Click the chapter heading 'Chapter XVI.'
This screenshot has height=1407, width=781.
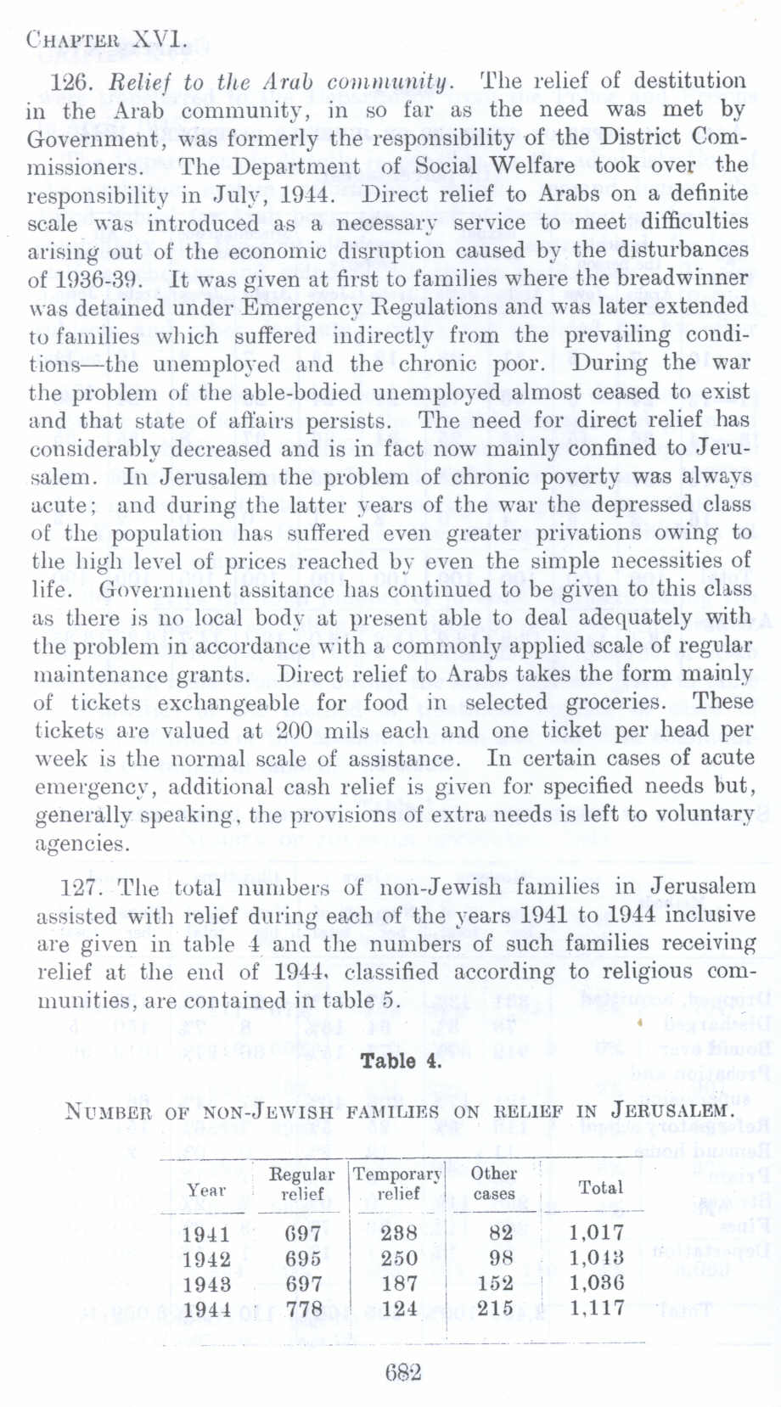[105, 39]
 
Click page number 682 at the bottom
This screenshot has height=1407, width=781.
[402, 1372]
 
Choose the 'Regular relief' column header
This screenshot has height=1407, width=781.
[301, 1184]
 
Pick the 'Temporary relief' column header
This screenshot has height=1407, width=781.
[397, 1184]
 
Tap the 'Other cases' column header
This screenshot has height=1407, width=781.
[494, 1183]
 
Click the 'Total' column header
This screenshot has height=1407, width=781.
[600, 1187]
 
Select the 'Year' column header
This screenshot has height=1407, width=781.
[206, 1190]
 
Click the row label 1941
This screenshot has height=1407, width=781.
[206, 1233]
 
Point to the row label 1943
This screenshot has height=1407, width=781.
[206, 1283]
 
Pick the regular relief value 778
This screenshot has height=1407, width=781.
[303, 1309]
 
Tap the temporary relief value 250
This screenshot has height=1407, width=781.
[399, 1258]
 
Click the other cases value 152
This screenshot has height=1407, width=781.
[496, 1283]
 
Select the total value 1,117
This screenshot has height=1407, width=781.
[597, 1309]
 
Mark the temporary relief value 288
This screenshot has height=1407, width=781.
[399, 1233]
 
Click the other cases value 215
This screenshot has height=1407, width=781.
[496, 1309]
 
